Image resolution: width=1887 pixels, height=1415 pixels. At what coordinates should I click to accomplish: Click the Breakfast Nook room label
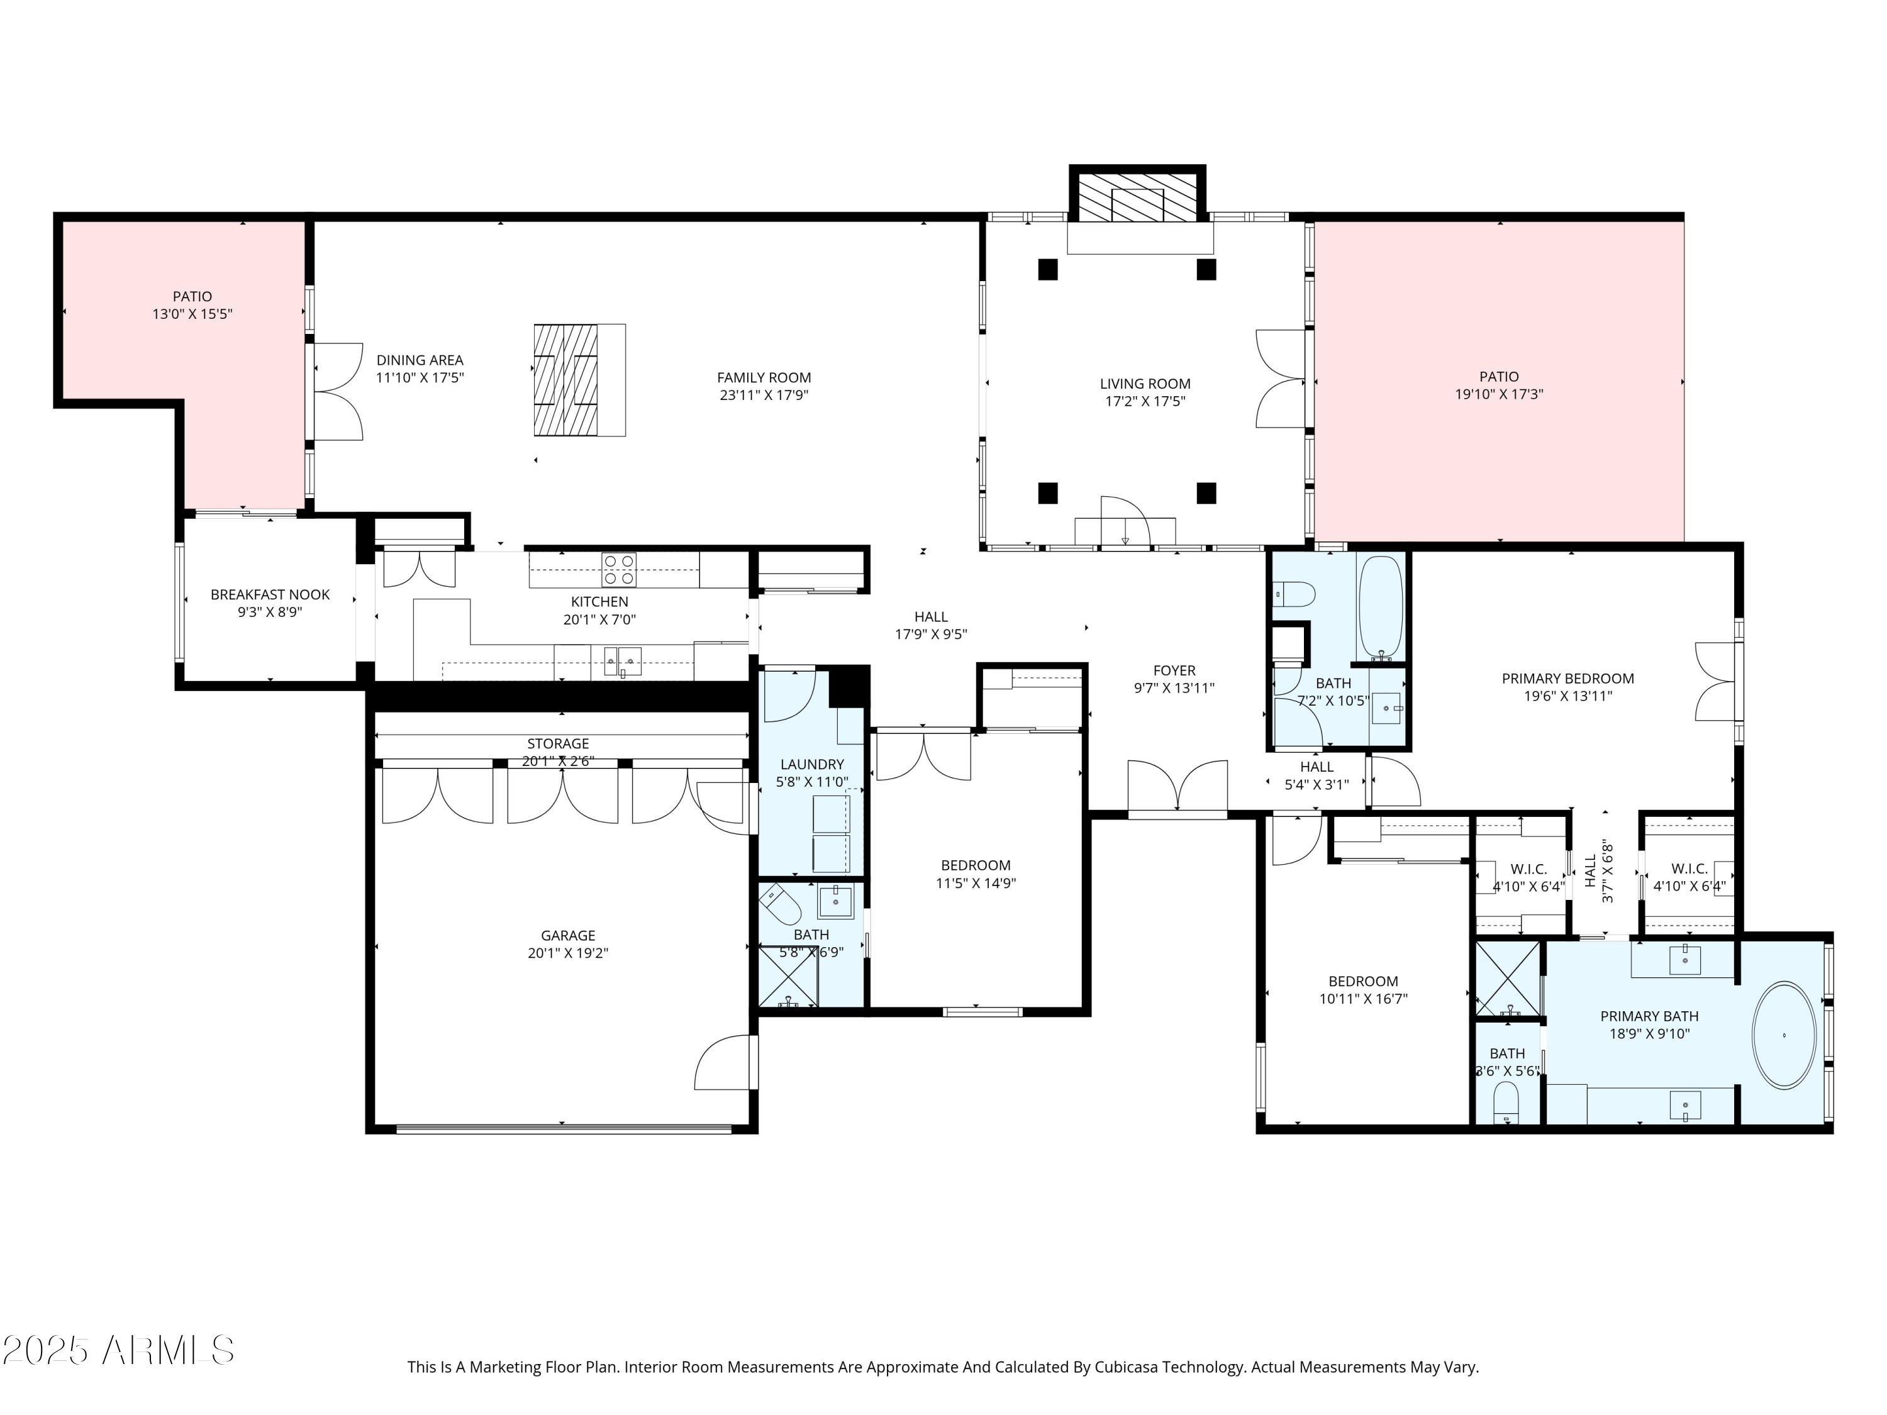(x=270, y=594)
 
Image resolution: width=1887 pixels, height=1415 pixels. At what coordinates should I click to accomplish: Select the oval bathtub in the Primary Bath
(x=1784, y=1035)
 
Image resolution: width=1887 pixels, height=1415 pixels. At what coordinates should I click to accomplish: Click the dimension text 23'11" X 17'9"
(x=764, y=395)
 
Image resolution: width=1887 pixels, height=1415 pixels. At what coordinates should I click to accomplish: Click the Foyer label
(x=1174, y=670)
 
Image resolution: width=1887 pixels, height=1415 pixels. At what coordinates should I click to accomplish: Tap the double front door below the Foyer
(x=1177, y=786)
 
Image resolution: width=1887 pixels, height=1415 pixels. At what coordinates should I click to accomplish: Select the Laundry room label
(x=811, y=764)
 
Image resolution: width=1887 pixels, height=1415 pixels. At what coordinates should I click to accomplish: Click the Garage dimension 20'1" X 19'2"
(x=567, y=953)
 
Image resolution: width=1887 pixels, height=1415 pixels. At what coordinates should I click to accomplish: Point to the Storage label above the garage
(x=557, y=744)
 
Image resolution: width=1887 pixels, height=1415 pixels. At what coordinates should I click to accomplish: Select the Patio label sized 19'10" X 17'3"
(x=1499, y=376)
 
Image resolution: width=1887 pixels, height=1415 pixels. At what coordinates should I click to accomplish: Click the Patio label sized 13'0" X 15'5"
(x=192, y=296)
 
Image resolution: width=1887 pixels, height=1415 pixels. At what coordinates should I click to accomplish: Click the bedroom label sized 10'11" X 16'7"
(x=1362, y=981)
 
